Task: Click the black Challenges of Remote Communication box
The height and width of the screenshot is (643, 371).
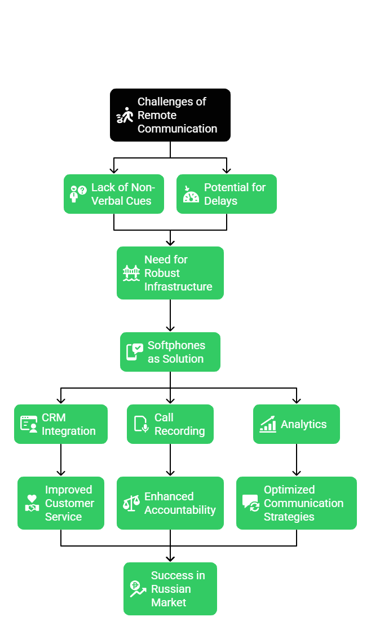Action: tap(170, 114)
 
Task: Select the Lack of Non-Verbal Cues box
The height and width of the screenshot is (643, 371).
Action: tap(114, 194)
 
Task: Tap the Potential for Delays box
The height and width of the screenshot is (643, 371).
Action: tap(227, 194)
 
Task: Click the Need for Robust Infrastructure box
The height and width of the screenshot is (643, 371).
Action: tap(170, 273)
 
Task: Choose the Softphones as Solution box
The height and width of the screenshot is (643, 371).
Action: tap(170, 352)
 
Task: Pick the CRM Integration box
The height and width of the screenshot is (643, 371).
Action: tap(61, 424)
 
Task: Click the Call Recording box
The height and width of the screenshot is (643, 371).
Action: tap(170, 424)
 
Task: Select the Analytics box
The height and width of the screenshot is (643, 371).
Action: tap(297, 424)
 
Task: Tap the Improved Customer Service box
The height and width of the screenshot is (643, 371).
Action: tap(61, 503)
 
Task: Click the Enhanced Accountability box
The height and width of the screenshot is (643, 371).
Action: tap(170, 503)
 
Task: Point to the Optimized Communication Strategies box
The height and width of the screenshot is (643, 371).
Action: tap(297, 503)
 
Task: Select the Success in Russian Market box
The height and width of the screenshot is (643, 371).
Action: tap(170, 589)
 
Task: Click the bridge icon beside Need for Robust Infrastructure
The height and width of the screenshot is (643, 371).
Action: tap(131, 273)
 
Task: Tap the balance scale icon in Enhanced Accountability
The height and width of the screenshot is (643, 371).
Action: tap(131, 503)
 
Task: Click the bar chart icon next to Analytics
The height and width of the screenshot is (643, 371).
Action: tap(267, 424)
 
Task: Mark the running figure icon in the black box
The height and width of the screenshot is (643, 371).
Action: tap(125, 115)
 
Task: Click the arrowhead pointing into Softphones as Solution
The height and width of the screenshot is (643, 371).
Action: tap(170, 328)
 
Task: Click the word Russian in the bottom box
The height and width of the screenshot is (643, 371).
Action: tap(171, 589)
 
